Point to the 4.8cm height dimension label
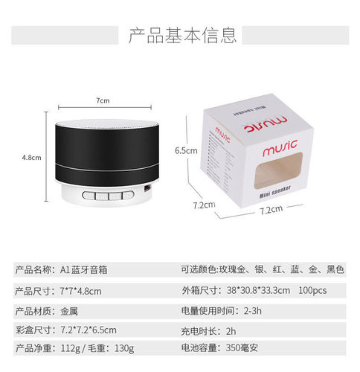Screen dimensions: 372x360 point(30,157)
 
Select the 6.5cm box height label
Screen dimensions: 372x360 point(185,150)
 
